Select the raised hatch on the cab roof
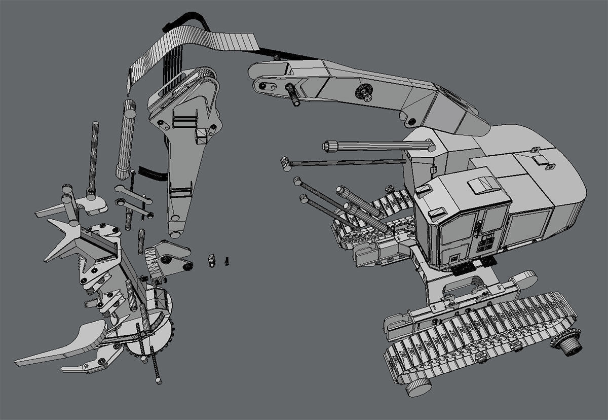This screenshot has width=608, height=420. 481,186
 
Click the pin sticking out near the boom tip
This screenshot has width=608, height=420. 293,94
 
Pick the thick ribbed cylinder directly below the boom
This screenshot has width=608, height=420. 378,146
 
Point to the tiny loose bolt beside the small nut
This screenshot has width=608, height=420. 226,261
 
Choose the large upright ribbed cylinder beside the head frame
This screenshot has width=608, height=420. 126,139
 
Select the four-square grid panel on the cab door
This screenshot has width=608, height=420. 486,242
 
